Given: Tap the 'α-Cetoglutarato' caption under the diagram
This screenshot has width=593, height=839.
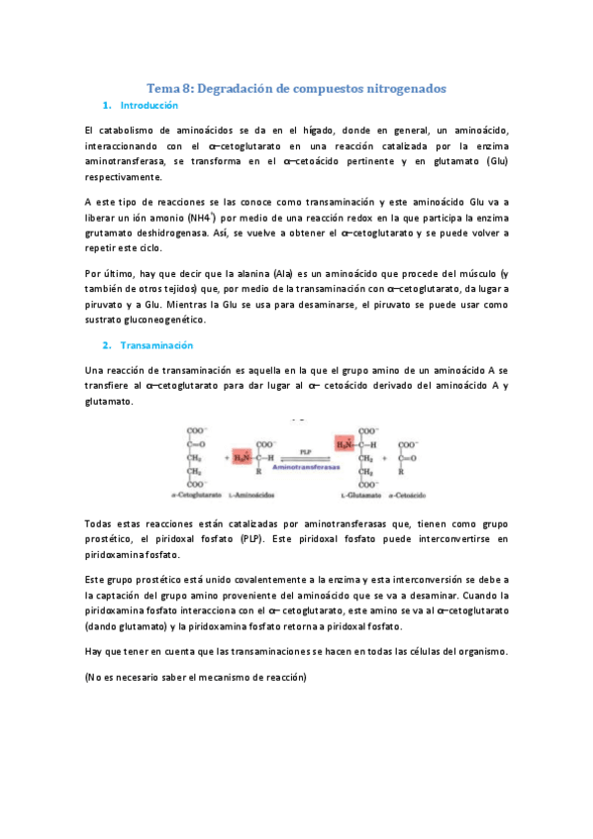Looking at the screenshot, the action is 197,493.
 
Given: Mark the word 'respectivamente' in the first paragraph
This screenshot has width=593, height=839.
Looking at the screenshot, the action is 123,177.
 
